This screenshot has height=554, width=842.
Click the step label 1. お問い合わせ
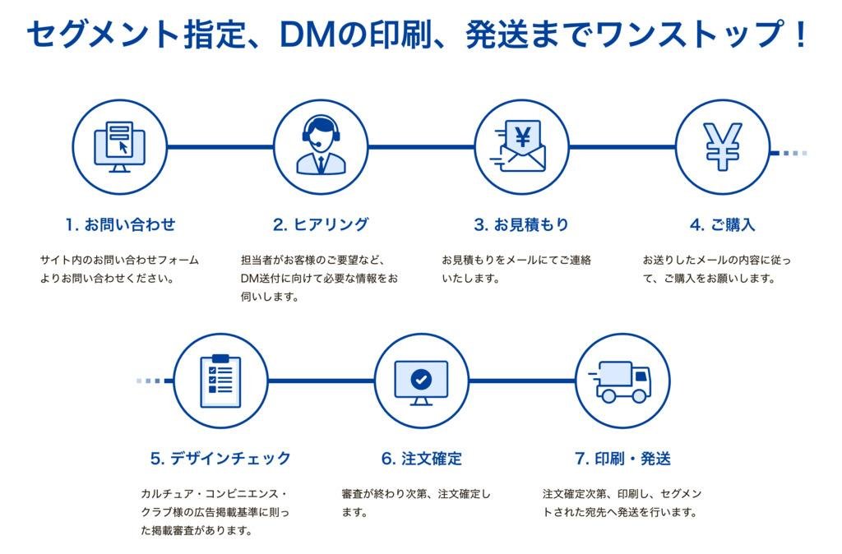[120, 224]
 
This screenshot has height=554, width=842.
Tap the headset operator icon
[321, 147]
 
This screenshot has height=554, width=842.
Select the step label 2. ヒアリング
[321, 224]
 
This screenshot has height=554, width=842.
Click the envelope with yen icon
[522, 147]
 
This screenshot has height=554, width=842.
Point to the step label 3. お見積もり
[521, 224]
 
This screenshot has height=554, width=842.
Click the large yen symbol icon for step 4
[723, 147]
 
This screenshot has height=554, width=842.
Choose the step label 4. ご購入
[723, 224]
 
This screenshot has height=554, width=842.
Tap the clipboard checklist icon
[220, 381]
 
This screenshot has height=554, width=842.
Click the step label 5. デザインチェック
[220, 458]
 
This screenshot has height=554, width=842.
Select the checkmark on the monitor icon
[421, 380]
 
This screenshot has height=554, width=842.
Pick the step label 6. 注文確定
[421, 458]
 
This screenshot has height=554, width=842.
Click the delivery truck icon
[622, 381]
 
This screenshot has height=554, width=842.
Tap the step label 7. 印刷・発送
[622, 458]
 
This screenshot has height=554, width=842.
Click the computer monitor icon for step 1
[120, 147]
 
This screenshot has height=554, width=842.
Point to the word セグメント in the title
[103, 35]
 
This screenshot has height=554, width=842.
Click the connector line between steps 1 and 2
[220, 147]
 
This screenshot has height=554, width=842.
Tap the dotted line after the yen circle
[793, 152]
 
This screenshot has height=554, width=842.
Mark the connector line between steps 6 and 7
[521, 381]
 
